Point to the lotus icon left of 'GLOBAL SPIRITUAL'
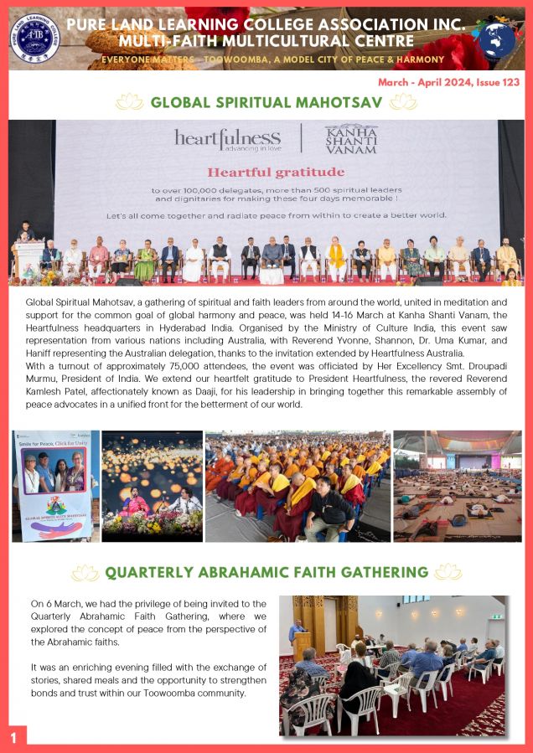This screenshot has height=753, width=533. coord(129,102)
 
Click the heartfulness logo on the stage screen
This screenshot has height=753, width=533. coord(227,139)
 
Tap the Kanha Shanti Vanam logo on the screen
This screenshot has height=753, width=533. coord(350,139)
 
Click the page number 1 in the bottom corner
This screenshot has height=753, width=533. coord(13,737)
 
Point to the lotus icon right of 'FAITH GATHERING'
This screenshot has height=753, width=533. coord(448,572)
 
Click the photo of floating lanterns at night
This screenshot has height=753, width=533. coord(152,486)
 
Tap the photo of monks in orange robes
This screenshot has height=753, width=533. coord(298,486)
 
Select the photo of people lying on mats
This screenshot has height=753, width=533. coord(457,486)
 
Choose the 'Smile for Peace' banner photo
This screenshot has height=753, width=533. coord(55,486)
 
